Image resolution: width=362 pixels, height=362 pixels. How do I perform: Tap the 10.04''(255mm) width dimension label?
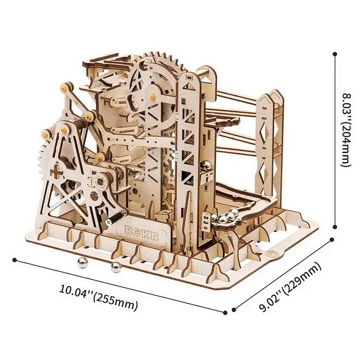pyautogui.click(x=99, y=297)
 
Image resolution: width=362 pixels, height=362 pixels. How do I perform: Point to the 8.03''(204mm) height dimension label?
pyautogui.click(x=346, y=129)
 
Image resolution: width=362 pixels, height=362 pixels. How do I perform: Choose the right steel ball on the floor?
pyautogui.click(x=116, y=267)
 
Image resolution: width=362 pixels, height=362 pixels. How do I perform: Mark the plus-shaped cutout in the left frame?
pyautogui.click(x=57, y=171)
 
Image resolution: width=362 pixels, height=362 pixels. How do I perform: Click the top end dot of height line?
pyautogui.click(x=334, y=54)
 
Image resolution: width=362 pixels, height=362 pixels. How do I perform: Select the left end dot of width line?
pyautogui.click(x=14, y=260)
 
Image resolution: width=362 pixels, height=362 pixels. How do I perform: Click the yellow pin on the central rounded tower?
pyautogui.click(x=152, y=96)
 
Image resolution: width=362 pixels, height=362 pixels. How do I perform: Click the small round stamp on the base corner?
pyautogui.click(x=273, y=253)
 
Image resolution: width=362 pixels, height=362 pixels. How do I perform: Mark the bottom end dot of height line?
pyautogui.click(x=334, y=228)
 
